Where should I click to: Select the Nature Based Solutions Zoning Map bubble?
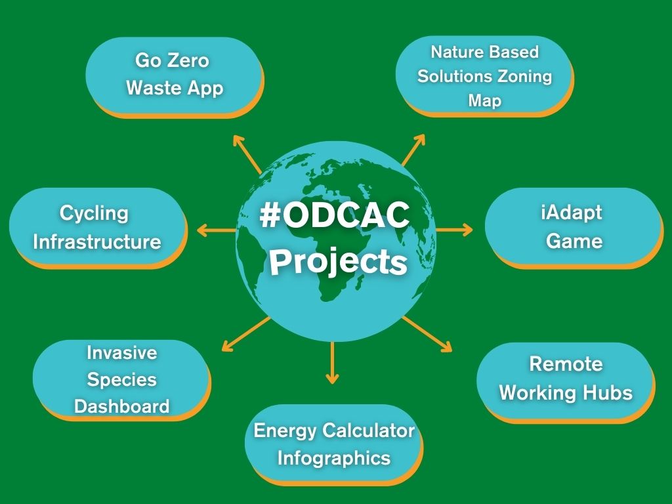coord(484,76)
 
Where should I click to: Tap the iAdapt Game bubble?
coord(574,228)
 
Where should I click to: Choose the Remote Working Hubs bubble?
coord(566,382)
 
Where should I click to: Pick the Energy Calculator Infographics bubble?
coord(334,444)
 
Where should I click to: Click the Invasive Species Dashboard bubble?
coord(121,380)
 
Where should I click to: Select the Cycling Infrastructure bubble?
coord(98,228)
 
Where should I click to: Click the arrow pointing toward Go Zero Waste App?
coord(247,154)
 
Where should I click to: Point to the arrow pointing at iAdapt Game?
coord(454,230)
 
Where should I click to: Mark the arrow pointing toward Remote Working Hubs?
coord(427,334)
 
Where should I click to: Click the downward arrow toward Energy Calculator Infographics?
coord(332,362)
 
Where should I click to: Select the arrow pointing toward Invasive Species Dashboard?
coord(246,334)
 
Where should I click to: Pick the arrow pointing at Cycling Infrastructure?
coord(217,230)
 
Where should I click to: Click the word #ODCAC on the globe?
coord(335,215)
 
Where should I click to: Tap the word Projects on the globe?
coord(338,262)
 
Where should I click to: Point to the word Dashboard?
coord(121,406)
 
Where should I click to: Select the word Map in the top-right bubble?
coord(485,101)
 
